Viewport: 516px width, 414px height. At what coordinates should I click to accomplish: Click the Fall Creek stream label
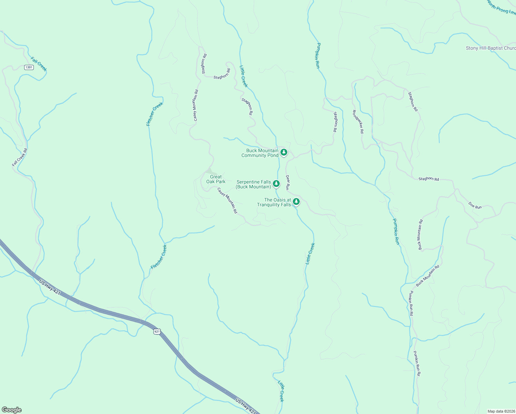coord(39,64)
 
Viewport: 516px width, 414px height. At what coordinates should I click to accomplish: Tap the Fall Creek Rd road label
coord(19,157)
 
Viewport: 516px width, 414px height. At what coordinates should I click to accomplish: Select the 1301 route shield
coord(29,67)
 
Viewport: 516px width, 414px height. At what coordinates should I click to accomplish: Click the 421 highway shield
coord(157,332)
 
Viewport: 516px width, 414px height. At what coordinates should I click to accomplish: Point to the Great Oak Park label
coord(216,179)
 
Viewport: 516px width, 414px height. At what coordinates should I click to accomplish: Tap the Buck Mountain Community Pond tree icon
coord(284,152)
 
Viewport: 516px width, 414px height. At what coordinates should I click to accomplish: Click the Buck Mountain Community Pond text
coord(260,153)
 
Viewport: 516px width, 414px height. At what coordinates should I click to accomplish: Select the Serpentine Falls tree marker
coord(276,184)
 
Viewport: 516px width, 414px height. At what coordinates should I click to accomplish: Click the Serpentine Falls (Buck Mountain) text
coord(254,184)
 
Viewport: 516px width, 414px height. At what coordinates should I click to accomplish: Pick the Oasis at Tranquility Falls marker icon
coord(296,201)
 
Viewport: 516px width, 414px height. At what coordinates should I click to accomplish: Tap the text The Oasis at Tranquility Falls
coord(274,202)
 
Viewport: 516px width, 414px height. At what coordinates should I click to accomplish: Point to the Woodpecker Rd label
coord(358,121)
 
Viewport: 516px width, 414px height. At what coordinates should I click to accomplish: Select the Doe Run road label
coord(475,205)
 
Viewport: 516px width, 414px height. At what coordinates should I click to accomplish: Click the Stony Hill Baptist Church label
coord(490,48)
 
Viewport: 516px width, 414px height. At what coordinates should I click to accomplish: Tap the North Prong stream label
coord(501,8)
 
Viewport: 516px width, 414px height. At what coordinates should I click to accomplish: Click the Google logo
coord(11,410)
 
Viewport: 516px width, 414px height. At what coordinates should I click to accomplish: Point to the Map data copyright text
coord(501,411)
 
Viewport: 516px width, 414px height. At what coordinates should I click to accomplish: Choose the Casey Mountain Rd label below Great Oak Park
coord(227,200)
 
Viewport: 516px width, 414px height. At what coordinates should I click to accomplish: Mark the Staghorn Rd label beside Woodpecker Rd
coord(335,122)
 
